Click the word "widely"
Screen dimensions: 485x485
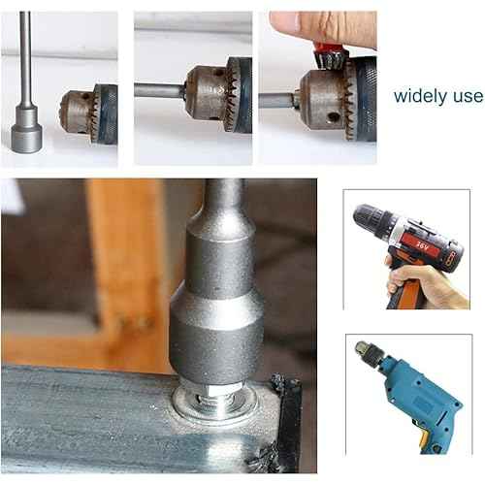pyautogui.click(x=422, y=97)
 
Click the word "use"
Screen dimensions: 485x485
pyautogui.click(x=468, y=97)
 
